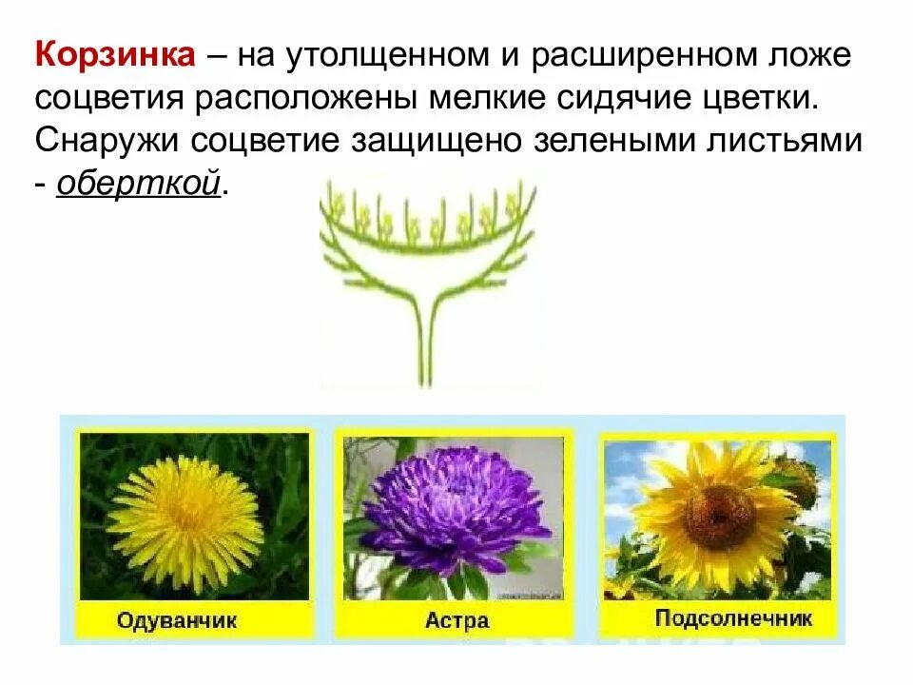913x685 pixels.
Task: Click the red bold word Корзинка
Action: coord(116,54)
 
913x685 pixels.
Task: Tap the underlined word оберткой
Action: coord(139,182)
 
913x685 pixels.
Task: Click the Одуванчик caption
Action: coord(178,622)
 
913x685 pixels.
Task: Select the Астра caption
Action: coord(456,621)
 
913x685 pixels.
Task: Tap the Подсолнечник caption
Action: coord(733,619)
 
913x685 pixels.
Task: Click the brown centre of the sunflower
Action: coord(720,514)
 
